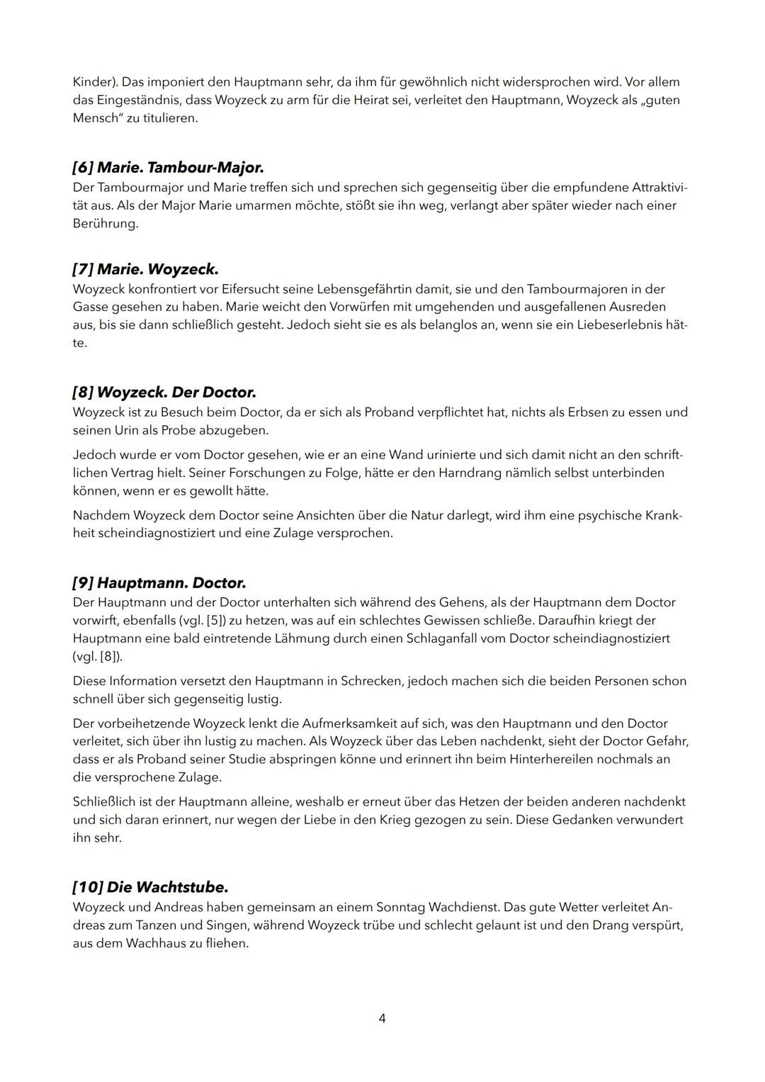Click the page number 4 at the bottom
point(382,1018)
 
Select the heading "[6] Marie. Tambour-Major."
point(168,168)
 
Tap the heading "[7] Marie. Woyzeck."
point(145,269)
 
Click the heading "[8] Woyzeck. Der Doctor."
point(164,392)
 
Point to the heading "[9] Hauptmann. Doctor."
point(159,583)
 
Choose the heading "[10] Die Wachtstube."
point(150,887)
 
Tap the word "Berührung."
point(106,223)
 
